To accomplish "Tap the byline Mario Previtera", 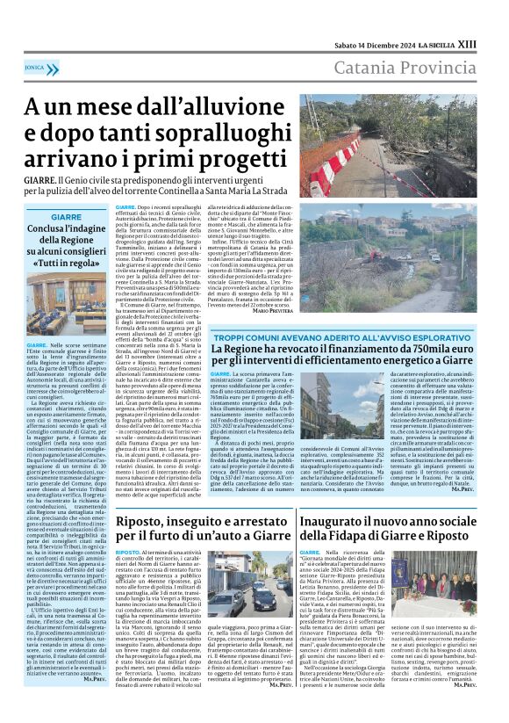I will pyautogui.click(x=272, y=311).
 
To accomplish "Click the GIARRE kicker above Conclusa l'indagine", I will pyautogui.click(x=66, y=216).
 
